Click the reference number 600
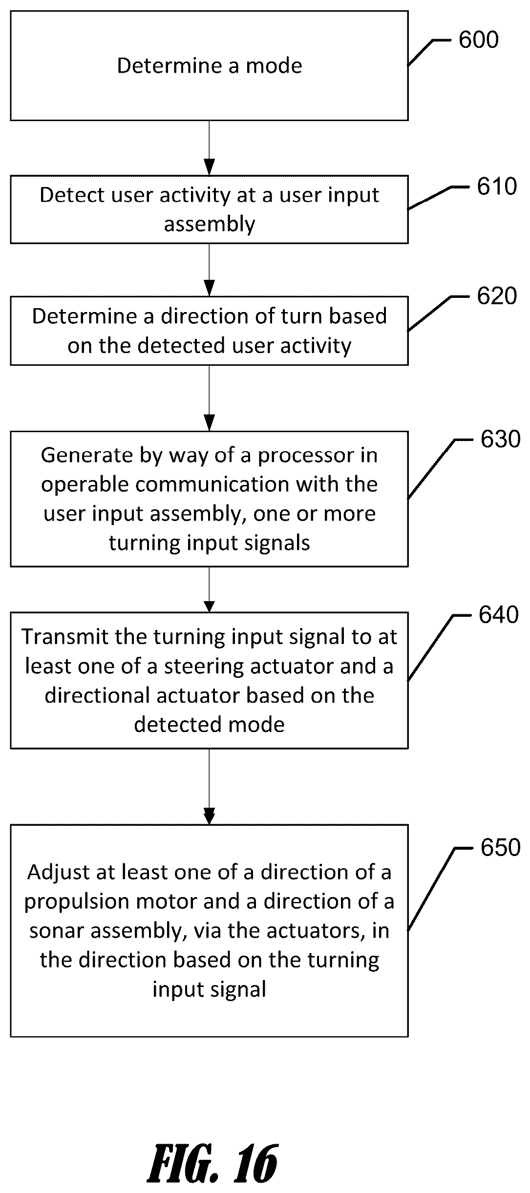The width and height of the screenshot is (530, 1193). tap(479, 40)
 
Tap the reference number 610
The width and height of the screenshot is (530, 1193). tap(497, 187)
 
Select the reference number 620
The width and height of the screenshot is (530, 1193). tap(497, 296)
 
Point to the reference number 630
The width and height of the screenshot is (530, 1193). tap(500, 440)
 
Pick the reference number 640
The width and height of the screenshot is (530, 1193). tap(499, 615)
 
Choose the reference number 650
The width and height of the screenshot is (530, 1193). tap(500, 848)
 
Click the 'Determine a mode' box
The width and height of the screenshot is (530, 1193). tap(209, 66)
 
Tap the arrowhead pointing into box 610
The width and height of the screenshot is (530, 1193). tap(209, 167)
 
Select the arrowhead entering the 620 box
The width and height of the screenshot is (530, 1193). tap(209, 288)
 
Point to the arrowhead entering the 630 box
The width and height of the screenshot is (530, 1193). tap(209, 423)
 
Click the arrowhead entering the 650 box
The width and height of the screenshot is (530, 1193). tap(209, 816)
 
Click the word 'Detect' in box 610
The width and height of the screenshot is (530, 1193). tap(72, 195)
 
